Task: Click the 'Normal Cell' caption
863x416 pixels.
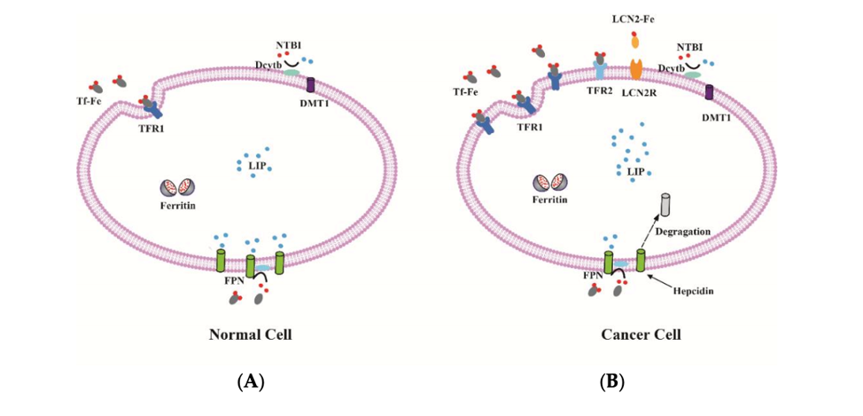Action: (x=250, y=335)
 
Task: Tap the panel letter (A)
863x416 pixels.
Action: (x=251, y=382)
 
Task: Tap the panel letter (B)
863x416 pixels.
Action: (x=611, y=382)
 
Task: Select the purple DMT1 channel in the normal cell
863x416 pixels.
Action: (x=311, y=85)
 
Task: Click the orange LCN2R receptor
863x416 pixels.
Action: (x=635, y=69)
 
